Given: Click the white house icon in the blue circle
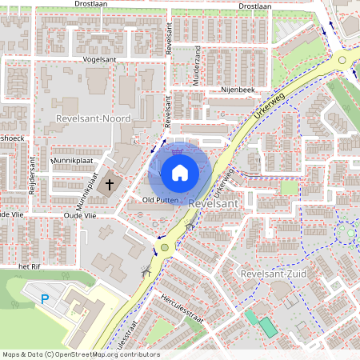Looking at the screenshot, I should coord(180,172).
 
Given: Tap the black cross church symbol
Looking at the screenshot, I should coord(110,184).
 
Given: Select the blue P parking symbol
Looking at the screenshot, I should coord(45,299).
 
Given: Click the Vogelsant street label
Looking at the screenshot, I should coord(99,59).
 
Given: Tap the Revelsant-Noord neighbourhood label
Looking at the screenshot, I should coord(94,118).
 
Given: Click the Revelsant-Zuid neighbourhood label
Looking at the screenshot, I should coord(274,274).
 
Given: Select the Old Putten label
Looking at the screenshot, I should coord(159,199).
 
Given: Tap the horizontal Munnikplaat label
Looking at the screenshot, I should coord(70,160).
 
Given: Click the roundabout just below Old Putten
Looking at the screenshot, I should coord(165,247).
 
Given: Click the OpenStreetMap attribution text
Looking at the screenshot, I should coord(80,354).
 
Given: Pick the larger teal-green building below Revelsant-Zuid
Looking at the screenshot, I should coord(266,326).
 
